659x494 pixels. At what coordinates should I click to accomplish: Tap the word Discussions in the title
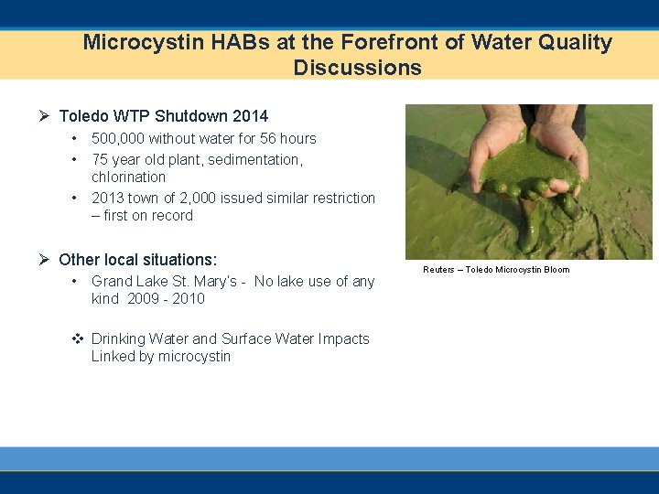tap(357, 68)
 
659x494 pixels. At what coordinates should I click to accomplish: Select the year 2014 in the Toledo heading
tap(250, 116)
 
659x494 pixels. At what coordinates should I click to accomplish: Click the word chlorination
tap(128, 177)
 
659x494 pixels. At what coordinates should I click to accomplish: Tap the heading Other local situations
tap(137, 260)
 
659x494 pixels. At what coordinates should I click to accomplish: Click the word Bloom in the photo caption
tap(556, 270)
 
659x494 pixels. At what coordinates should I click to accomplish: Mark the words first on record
tap(148, 216)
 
